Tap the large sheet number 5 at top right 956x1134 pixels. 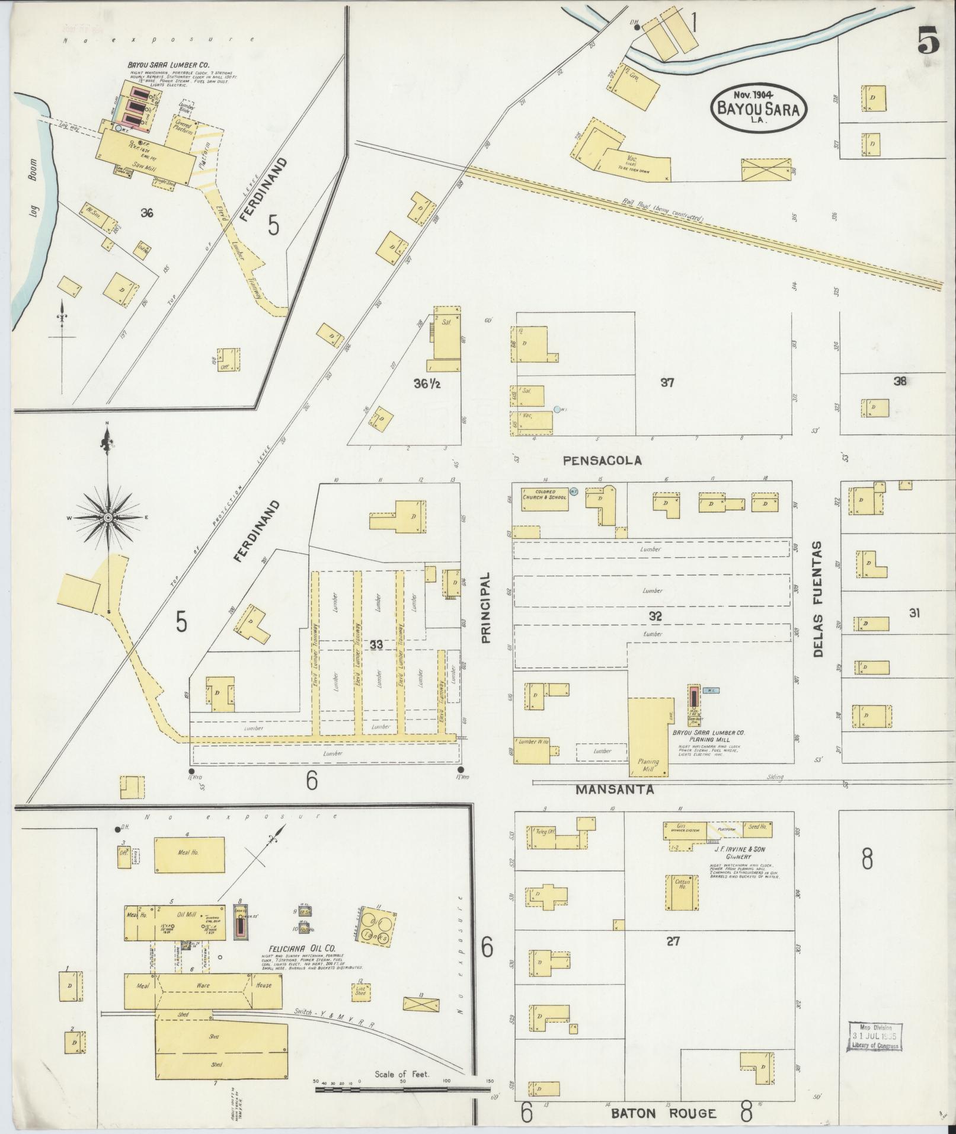tap(928, 41)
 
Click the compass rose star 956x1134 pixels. tap(108, 518)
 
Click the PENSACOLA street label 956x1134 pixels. tap(602, 460)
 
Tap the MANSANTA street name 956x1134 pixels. tap(615, 790)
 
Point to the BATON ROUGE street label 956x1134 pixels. tap(664, 1113)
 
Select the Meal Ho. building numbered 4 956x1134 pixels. tap(190, 854)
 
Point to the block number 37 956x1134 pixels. tap(668, 383)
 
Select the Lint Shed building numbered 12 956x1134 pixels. tap(361, 992)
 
